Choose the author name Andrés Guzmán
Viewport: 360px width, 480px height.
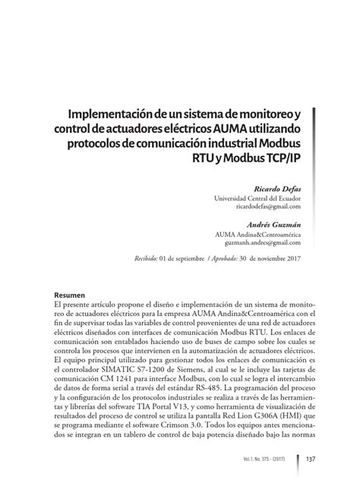tap(273, 225)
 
